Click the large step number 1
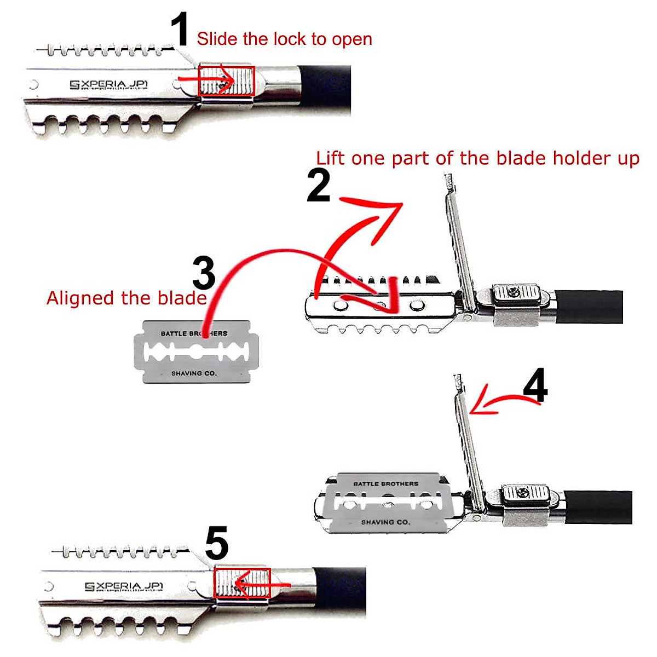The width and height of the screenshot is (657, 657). pyautogui.click(x=180, y=31)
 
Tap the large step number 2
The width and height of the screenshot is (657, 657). pyautogui.click(x=319, y=186)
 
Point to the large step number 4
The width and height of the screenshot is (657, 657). pyautogui.click(x=535, y=387)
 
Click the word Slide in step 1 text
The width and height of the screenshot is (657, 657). pyautogui.click(x=214, y=39)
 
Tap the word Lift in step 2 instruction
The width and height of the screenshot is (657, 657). pyautogui.click(x=330, y=159)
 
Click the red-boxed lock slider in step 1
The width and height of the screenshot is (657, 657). pyautogui.click(x=226, y=82)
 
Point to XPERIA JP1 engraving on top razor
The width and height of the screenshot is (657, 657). pyautogui.click(x=109, y=85)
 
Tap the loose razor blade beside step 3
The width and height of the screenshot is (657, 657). pyautogui.click(x=195, y=351)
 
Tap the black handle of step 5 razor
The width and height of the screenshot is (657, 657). pyautogui.click(x=341, y=590)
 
